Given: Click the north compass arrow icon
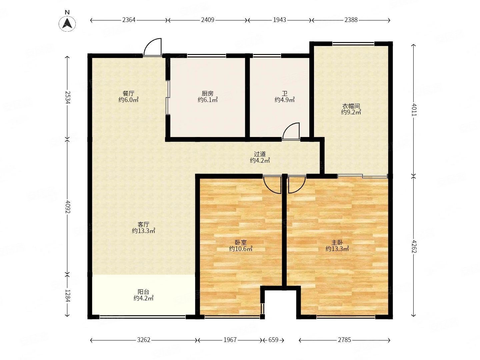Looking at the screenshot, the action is point(67,23).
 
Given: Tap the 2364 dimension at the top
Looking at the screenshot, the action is point(129,20).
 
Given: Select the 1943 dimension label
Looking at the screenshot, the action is point(279,20).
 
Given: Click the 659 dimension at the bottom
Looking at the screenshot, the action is point(273,340).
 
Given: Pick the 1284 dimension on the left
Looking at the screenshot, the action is point(68,296).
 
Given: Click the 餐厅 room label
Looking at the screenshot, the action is point(128,94).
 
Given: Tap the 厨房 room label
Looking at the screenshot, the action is point(207,94).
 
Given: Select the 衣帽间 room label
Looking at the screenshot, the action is point(351,106).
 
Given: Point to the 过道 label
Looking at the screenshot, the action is point(260,154).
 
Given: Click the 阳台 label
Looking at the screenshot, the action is point(143,292).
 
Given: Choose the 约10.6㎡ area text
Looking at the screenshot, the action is point(241,249).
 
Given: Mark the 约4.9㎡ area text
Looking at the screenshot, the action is point(285,100).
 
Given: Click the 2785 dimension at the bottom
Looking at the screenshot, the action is point(344,340).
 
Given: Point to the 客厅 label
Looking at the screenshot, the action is point(143,224).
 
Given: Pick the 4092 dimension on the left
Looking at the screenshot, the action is point(68,207).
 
